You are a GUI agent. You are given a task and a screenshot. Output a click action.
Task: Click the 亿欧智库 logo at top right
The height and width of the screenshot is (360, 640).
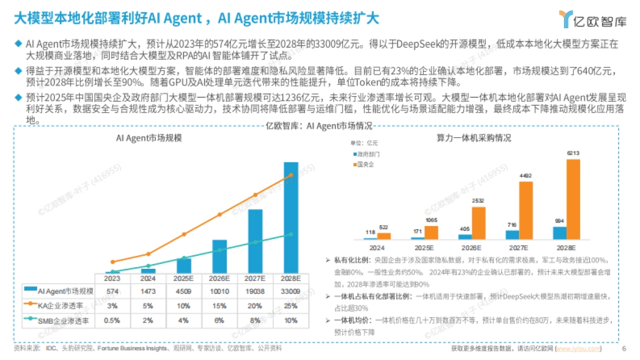[x=592, y=19]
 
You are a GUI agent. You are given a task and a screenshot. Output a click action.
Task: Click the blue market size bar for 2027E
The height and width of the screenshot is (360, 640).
[x=255, y=241]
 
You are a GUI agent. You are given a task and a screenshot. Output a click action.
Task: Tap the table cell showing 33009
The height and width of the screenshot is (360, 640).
[x=291, y=291]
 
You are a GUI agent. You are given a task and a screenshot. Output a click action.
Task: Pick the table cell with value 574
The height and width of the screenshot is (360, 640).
[x=112, y=291]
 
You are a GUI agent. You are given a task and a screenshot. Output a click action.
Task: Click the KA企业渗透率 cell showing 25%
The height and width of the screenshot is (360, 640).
[x=291, y=306]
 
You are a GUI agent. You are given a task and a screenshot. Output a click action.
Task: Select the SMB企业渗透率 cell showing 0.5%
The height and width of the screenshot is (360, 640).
[x=112, y=320]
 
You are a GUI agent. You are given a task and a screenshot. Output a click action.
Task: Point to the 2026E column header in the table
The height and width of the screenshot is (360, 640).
[x=219, y=278]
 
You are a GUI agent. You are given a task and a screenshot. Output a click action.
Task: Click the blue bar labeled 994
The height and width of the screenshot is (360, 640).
[x=559, y=233]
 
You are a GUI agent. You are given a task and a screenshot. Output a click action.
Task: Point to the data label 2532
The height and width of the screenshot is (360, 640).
[x=478, y=201]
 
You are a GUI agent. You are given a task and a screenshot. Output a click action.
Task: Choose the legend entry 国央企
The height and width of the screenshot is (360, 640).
[x=365, y=164]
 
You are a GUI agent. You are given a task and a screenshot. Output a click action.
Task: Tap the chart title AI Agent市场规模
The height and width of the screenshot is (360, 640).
[x=149, y=138]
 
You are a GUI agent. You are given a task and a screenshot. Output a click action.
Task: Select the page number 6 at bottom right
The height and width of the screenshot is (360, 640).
[x=623, y=349]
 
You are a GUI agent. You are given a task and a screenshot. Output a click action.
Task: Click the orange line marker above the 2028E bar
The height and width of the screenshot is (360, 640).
[x=291, y=175]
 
